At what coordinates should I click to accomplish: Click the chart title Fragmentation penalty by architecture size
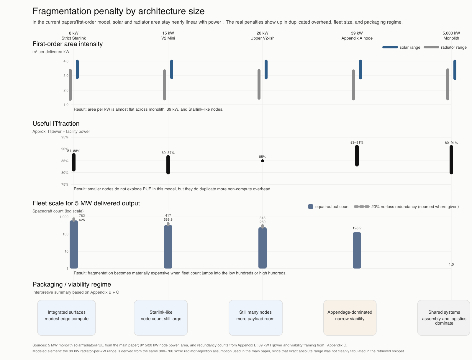[118, 11]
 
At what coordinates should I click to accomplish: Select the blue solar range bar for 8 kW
[77, 69]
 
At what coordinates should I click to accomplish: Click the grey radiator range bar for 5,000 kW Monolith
[448, 84]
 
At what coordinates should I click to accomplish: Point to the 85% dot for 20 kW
[263, 161]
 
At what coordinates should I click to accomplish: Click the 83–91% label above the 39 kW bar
[357, 143]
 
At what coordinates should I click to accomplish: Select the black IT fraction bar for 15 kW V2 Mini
[168, 165]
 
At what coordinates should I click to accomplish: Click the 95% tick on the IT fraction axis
[65, 137]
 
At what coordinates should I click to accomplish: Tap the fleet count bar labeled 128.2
[357, 250]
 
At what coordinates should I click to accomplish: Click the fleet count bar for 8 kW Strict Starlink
[74, 244]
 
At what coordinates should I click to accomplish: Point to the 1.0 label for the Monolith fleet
[451, 264]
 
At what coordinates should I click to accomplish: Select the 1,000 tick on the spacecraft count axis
[64, 217]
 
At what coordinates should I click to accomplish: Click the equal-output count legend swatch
[311, 207]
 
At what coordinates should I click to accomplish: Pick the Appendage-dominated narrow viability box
[350, 318]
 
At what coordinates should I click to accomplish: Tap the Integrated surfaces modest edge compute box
[67, 318]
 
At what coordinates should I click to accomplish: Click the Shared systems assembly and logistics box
[444, 318]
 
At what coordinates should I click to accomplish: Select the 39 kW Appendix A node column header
[357, 36]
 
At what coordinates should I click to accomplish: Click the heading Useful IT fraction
[56, 124]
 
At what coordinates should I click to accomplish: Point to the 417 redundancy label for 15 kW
[168, 215]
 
